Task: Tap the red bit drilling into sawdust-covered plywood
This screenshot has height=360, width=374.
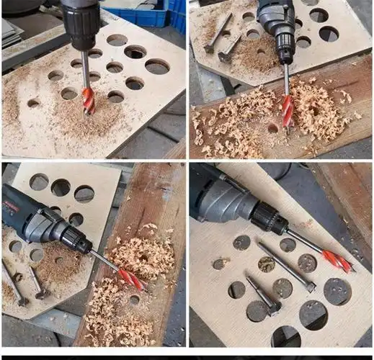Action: (x=88, y=100)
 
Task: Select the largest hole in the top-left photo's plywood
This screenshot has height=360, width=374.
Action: (x=157, y=67)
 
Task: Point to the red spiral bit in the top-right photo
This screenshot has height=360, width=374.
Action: (x=288, y=111)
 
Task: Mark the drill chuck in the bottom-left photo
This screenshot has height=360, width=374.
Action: (x=74, y=240)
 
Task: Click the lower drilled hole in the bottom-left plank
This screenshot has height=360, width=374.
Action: (x=134, y=300)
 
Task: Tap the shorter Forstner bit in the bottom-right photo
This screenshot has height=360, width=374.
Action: (x=264, y=296)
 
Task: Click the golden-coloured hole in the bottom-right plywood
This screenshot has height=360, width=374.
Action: (x=267, y=264)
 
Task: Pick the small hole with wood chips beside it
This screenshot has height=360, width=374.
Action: (x=219, y=264)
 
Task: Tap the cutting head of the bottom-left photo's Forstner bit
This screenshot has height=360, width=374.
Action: (x=40, y=293)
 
